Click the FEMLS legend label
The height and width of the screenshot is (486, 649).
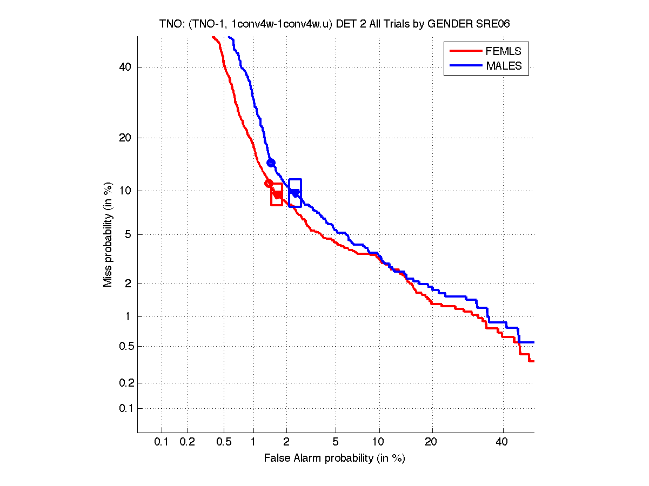(x=503, y=51)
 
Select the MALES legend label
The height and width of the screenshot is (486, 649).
(x=504, y=66)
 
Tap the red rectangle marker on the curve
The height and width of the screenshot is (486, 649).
(x=276, y=194)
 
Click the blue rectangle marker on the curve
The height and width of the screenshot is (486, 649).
(x=295, y=193)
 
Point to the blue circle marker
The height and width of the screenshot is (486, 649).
(x=271, y=163)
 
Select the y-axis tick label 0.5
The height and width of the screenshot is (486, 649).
(x=124, y=346)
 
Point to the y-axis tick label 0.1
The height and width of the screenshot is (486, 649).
(x=124, y=408)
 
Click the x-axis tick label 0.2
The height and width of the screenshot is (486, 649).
(x=187, y=442)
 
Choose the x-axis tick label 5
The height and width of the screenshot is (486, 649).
(x=336, y=442)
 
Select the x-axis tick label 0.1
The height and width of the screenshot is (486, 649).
(x=162, y=442)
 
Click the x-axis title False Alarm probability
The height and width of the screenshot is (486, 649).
(x=334, y=458)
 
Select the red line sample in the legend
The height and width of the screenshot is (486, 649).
(x=465, y=51)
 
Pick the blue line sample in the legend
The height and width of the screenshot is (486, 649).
(x=465, y=66)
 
